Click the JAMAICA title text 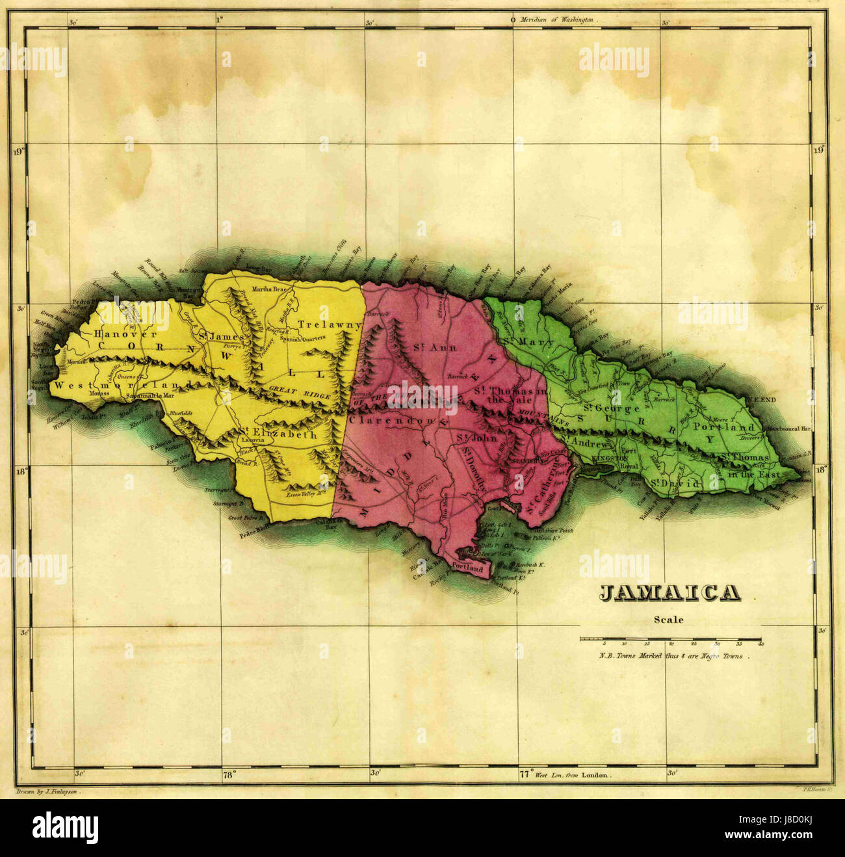click(x=669, y=594)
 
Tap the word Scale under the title click(x=669, y=620)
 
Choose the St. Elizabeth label click(x=278, y=434)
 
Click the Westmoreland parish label click(x=122, y=386)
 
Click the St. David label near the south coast click(x=676, y=484)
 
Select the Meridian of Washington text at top click(x=556, y=20)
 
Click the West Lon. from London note click(x=572, y=775)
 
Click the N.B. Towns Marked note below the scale click(x=670, y=656)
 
